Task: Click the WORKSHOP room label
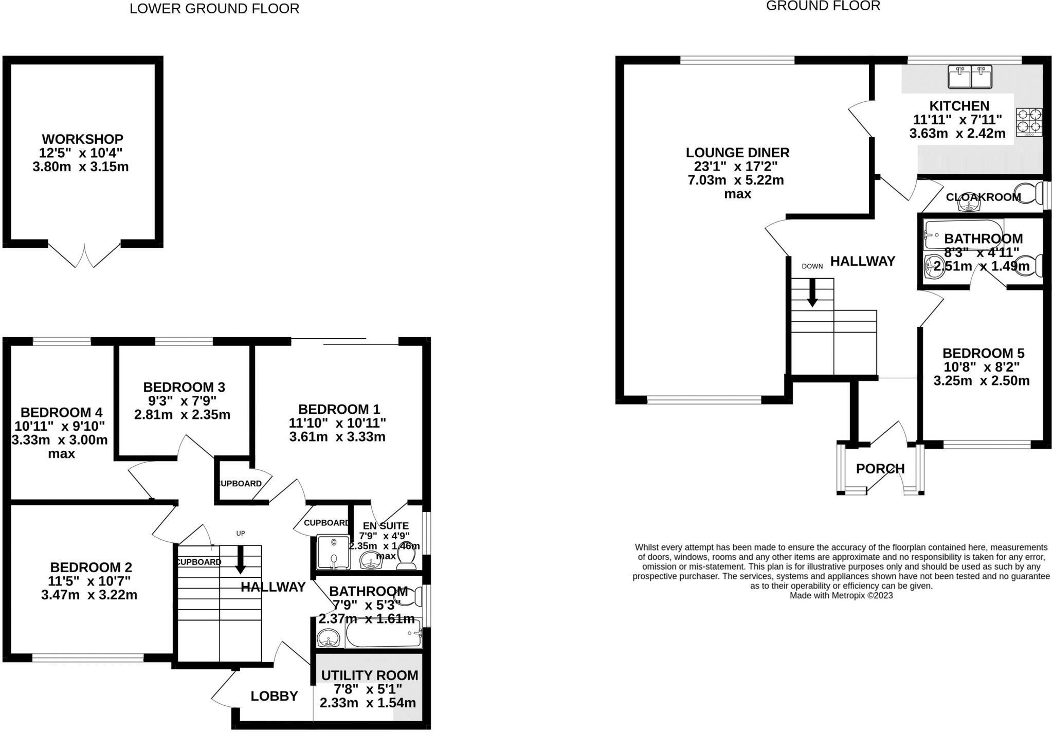[x=82, y=139]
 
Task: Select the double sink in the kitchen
[x=970, y=77]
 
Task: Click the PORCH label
[x=880, y=469]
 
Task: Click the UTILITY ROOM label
[x=369, y=675]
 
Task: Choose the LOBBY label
[x=274, y=696]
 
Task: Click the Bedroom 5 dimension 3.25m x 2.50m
[x=981, y=381]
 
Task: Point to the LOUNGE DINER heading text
[x=737, y=153]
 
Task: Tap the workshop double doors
[x=85, y=255]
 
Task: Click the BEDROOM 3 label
[x=184, y=387]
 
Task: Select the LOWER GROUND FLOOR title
[x=214, y=9]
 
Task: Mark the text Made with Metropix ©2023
[x=841, y=596]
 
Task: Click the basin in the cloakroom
[x=969, y=205]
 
